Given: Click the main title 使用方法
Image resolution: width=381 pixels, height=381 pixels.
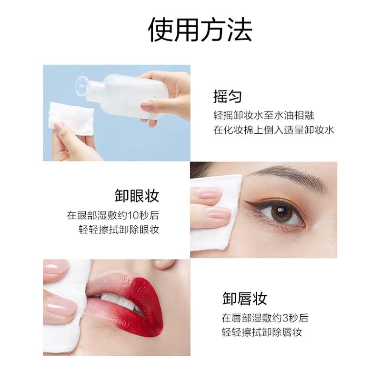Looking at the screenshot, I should click(x=200, y=30).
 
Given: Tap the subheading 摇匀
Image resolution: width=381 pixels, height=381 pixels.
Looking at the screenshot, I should click(x=227, y=97).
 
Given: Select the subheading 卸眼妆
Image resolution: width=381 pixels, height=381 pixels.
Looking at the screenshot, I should click(x=137, y=196).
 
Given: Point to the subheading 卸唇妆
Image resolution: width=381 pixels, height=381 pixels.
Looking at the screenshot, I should click(x=245, y=299).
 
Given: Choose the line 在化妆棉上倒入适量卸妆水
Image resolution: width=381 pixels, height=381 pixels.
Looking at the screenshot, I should click(x=273, y=130).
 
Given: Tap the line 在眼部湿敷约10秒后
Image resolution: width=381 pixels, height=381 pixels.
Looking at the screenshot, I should click(x=113, y=215).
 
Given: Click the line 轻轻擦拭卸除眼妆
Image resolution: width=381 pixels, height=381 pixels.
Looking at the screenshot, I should click(x=119, y=229).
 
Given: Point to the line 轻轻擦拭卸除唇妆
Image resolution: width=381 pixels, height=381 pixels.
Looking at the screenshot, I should click(x=261, y=332).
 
